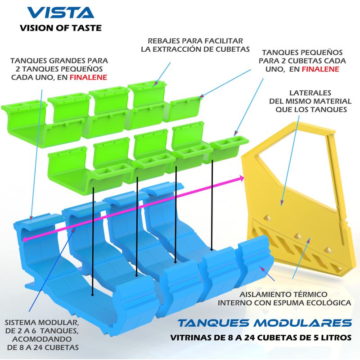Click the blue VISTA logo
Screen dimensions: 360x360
click(x=61, y=13)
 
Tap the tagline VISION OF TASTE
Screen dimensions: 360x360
click(x=61, y=28)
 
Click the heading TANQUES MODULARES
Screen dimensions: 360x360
click(x=265, y=323)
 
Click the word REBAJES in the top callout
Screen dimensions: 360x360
click(x=163, y=41)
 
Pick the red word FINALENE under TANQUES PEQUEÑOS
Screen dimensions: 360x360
click(x=320, y=69)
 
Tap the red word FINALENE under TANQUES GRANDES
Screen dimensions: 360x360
click(x=88, y=77)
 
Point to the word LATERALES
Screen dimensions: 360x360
click(x=310, y=93)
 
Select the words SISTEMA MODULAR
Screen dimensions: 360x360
click(x=42, y=322)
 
